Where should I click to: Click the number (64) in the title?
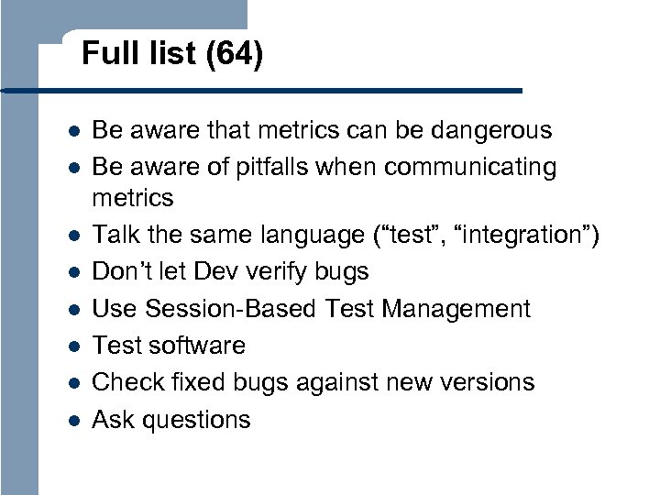234,56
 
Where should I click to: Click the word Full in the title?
101,55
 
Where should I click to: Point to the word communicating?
470,168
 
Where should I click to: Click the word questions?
197,420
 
